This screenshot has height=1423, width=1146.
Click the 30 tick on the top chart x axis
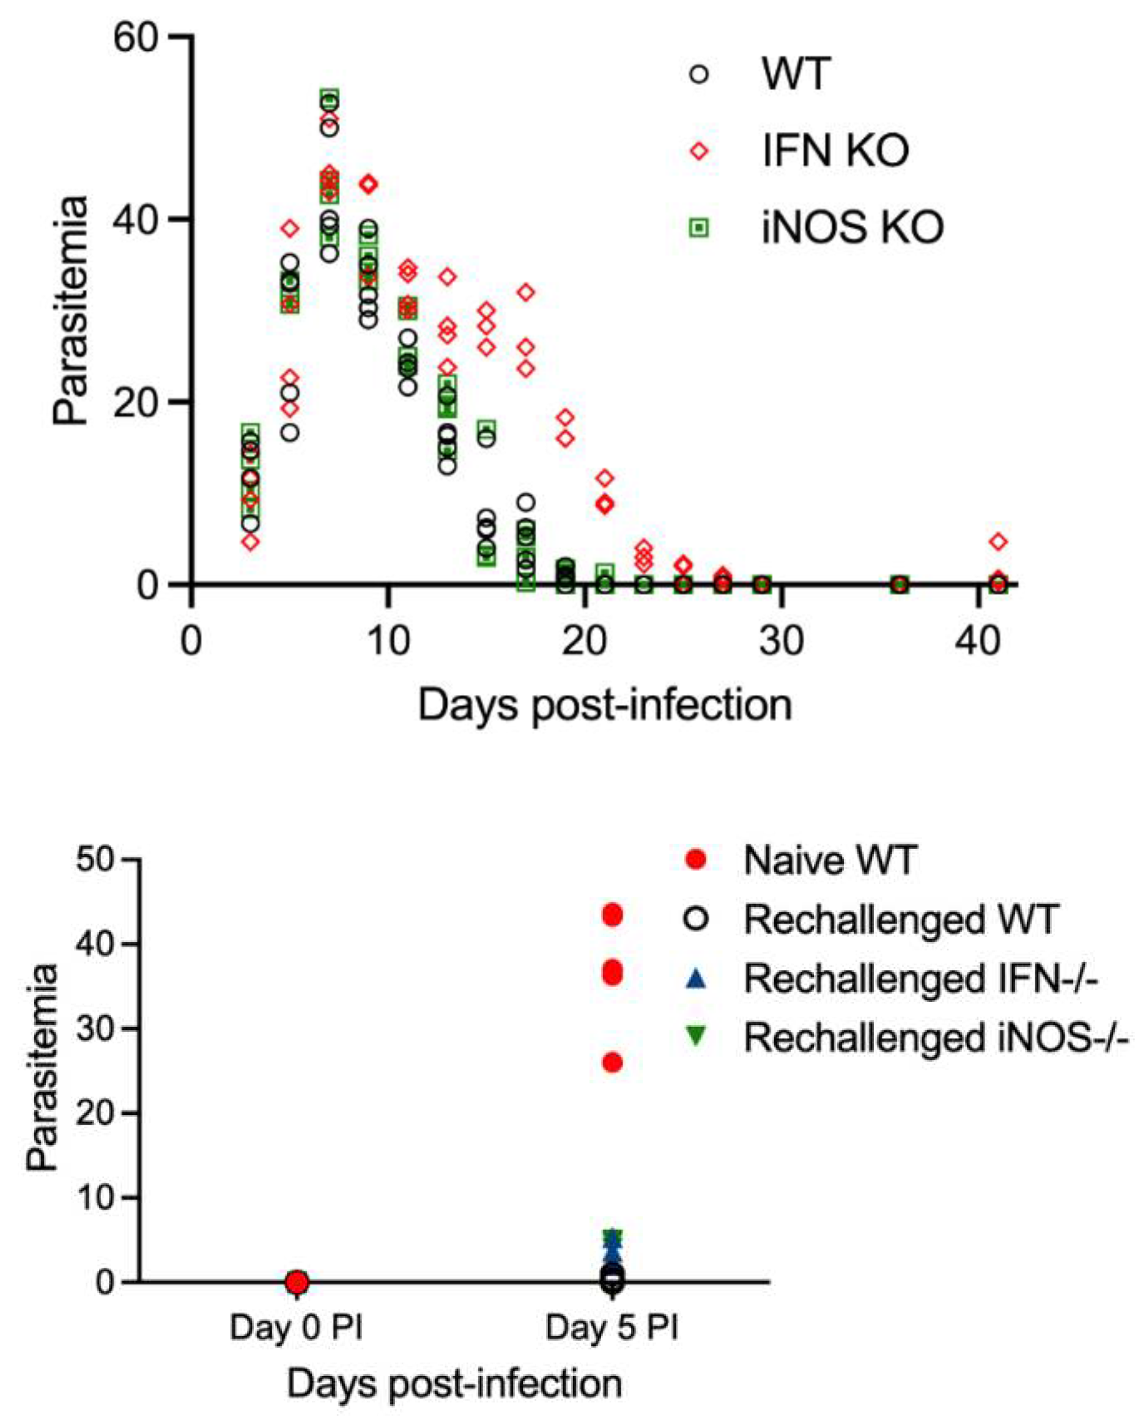point(782,641)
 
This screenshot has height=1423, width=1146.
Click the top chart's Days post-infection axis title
point(605,705)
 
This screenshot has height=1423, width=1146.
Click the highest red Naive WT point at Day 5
point(613,916)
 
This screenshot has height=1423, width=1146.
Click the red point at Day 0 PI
point(297,1282)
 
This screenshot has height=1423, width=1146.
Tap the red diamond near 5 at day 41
point(999,542)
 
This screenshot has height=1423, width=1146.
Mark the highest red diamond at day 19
point(565,417)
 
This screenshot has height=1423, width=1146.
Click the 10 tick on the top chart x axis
point(390,641)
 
